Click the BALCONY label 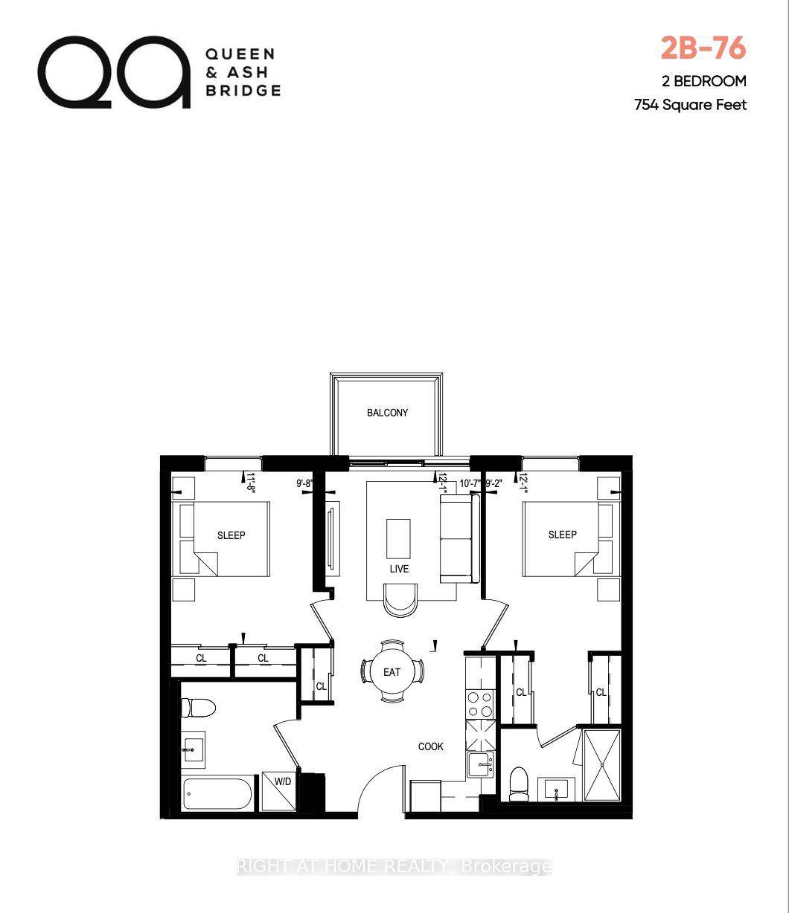point(387,413)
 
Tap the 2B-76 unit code point(703,48)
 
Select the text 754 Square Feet point(690,105)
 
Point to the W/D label point(283,781)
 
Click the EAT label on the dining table point(392,672)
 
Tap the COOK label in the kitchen point(431,746)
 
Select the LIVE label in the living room point(399,569)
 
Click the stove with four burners point(481,704)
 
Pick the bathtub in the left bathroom point(219,796)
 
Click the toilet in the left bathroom point(199,707)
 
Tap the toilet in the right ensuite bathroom point(518,783)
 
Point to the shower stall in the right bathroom point(601,764)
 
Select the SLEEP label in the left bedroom point(231,535)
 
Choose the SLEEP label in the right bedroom point(562,535)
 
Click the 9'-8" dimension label point(305,483)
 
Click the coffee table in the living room point(398,537)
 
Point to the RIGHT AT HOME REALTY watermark point(394,866)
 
